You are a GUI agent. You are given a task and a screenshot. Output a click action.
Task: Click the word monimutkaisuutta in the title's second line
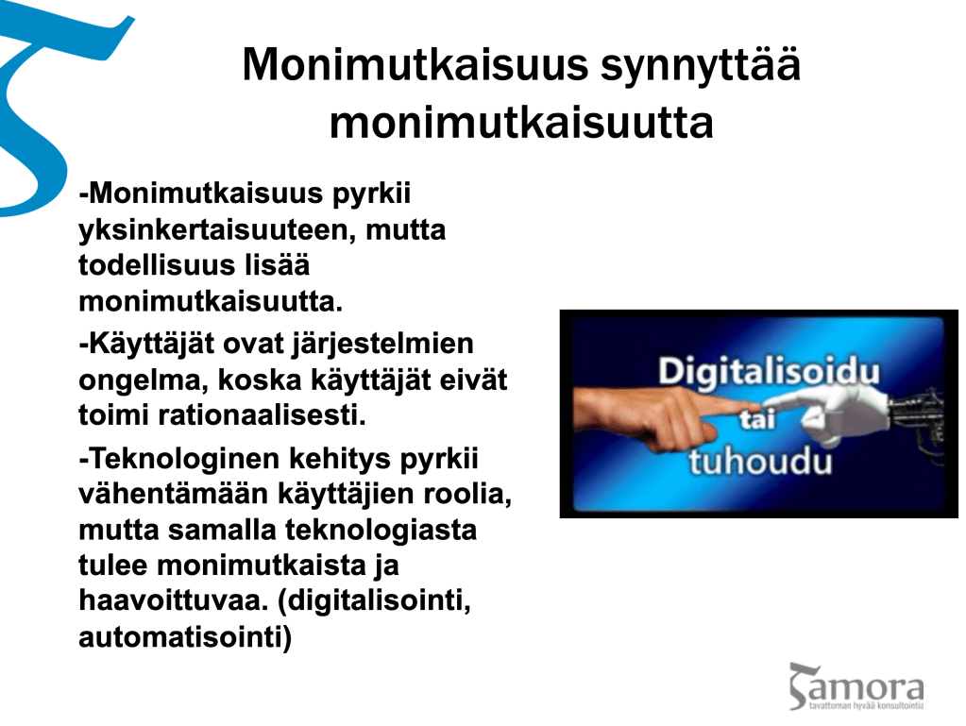[521, 123]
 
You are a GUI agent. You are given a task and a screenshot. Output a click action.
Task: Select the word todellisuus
[157, 265]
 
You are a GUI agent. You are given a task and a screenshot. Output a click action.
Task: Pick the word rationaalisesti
[263, 415]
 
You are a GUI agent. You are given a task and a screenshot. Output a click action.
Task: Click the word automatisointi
[185, 636]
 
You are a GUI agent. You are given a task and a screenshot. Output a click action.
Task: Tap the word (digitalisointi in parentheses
[375, 601]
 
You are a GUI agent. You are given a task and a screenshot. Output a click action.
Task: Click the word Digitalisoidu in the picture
[769, 373]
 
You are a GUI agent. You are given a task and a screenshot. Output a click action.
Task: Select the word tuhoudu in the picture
[760, 462]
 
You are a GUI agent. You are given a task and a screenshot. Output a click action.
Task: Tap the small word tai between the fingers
[757, 419]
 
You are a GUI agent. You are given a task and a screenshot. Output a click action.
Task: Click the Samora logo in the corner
[856, 686]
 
